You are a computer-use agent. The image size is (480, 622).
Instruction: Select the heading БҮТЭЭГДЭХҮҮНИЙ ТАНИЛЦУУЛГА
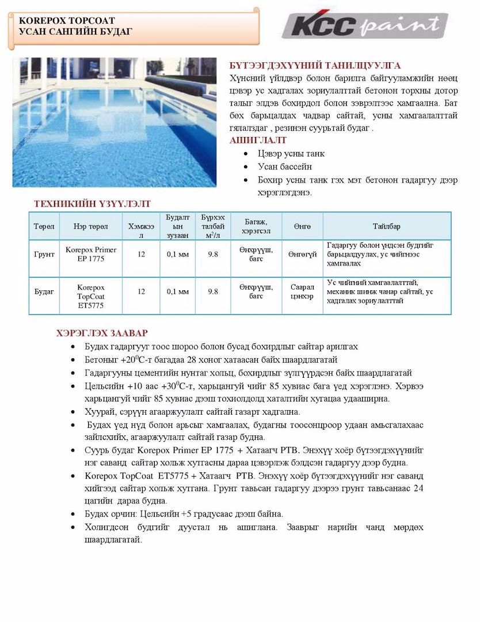[x=315, y=66]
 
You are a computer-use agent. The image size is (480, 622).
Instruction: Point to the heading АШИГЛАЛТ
[x=258, y=141]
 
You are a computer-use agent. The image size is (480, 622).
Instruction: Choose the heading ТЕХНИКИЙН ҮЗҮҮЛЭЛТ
[x=92, y=204]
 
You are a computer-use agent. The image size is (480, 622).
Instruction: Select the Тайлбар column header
[x=386, y=226]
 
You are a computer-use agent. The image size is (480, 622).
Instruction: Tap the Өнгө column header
[x=302, y=226]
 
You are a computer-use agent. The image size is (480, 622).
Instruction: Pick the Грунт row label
[x=44, y=254]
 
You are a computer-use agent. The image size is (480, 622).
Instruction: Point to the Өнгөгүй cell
[x=302, y=254]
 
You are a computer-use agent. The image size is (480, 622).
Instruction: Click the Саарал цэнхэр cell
[x=302, y=291]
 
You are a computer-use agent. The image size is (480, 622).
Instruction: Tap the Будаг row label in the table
[x=44, y=291]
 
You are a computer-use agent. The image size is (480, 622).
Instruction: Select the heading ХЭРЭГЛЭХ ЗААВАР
[x=102, y=333]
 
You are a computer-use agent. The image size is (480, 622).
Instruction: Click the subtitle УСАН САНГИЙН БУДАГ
[x=75, y=31]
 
